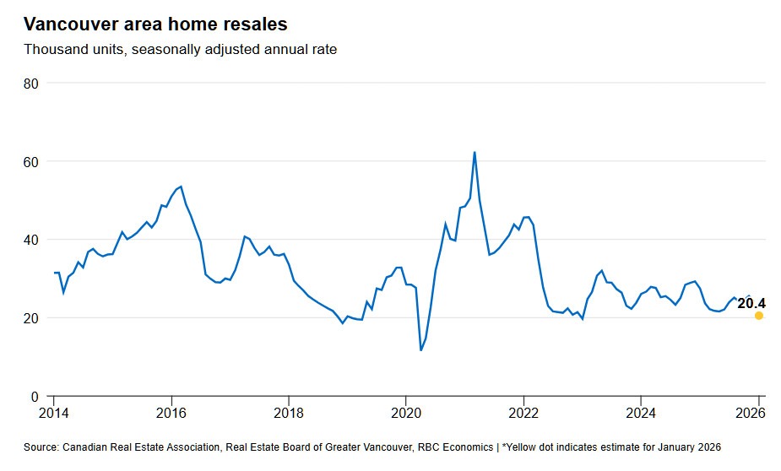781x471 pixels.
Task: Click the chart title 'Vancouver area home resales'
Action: point(155,24)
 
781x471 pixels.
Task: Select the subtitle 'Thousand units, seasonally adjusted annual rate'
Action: point(180,50)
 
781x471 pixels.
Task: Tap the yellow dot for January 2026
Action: point(759,316)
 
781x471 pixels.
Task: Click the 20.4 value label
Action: point(751,303)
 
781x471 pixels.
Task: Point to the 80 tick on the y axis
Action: point(31,84)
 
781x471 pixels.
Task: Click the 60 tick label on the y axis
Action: point(31,161)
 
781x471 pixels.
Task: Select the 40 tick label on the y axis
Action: point(31,240)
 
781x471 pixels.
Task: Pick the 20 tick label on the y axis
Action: point(31,318)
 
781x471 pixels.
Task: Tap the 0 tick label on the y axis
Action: point(35,397)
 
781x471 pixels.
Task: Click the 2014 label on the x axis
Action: point(53,413)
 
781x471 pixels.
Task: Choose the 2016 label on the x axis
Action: point(171,413)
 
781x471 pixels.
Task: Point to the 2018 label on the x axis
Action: point(288,413)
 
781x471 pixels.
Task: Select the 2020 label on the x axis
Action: point(405,413)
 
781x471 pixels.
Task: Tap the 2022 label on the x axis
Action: point(523,413)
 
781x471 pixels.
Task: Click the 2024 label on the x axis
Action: point(641,413)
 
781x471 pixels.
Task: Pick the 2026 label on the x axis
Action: point(751,413)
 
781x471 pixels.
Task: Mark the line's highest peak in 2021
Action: point(475,153)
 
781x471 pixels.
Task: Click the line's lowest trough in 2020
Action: point(420,349)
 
